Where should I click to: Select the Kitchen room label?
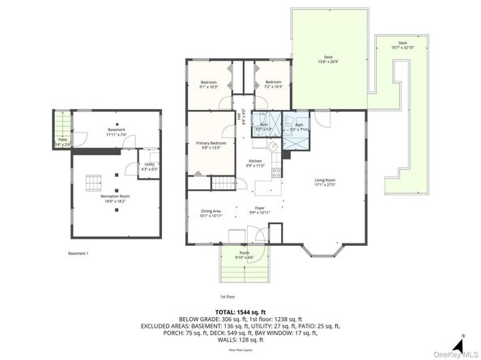255,162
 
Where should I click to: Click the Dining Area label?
211,212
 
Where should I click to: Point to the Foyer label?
260,208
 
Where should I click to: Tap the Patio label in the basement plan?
62,140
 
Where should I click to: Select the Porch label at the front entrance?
244,253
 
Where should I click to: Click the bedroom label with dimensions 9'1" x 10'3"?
209,83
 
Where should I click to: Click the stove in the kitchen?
277,171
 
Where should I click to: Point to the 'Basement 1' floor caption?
79,253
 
